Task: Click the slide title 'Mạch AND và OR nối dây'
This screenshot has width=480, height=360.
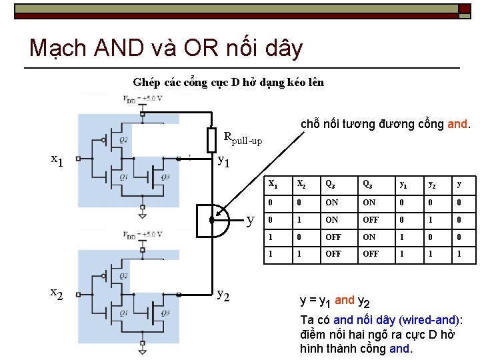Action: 166,48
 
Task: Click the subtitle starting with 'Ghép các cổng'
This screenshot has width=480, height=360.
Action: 228,83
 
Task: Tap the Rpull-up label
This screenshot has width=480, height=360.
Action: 243,139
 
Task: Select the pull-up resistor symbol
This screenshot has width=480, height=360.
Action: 211,140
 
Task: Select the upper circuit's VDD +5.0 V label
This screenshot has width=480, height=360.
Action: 143,99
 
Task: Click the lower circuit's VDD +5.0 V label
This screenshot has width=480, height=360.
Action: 143,235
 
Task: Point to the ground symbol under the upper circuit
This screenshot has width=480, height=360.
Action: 143,214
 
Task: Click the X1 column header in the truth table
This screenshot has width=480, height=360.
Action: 273,185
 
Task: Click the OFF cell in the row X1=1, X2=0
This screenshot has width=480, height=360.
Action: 333,237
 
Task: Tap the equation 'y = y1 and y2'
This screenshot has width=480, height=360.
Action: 335,301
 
